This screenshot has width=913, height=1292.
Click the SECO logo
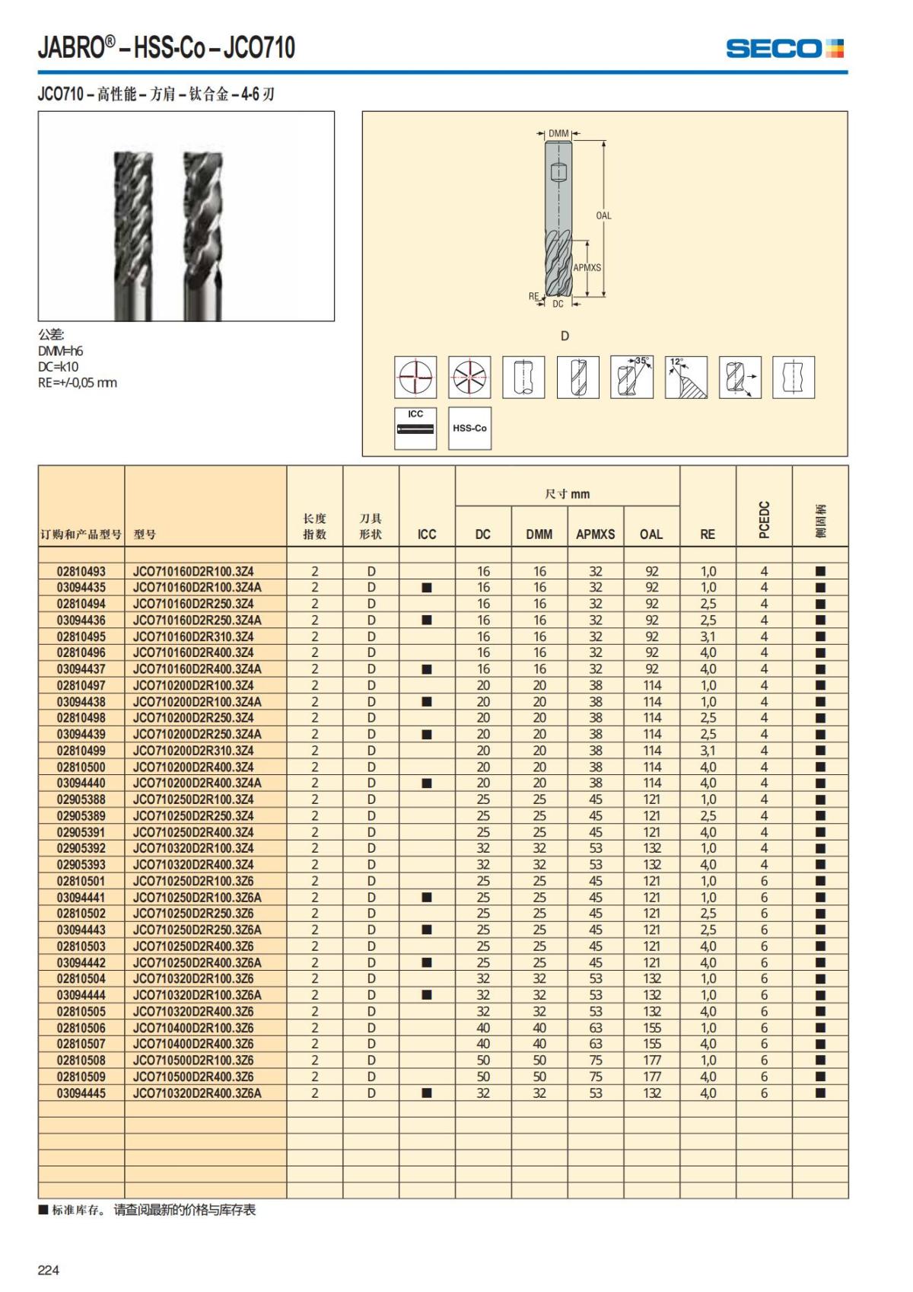coord(784,49)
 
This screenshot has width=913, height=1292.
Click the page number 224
coord(49,1270)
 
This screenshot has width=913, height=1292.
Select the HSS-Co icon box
coord(469,428)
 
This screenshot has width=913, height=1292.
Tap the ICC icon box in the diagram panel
coord(415,428)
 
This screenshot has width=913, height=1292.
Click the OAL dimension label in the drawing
coord(603,215)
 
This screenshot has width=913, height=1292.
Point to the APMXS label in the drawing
coord(587,268)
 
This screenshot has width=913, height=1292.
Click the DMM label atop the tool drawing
coord(558,134)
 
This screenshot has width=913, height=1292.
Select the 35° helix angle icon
coord(631,377)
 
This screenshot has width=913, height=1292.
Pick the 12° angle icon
coord(686,377)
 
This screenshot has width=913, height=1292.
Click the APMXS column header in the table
coord(595,534)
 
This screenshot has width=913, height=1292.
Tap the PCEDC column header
coord(764,520)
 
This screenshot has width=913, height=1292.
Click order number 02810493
coord(81,571)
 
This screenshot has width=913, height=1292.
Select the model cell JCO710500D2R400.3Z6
coord(193,1077)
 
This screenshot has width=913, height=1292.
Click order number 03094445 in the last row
coord(81,1093)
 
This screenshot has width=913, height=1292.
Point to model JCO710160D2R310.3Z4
coord(193,636)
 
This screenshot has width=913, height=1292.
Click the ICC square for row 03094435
coord(427,588)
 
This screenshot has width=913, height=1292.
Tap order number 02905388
coord(81,799)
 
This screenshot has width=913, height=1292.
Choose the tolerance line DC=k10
coord(59,367)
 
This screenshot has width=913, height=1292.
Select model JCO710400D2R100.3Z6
coord(193,1028)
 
